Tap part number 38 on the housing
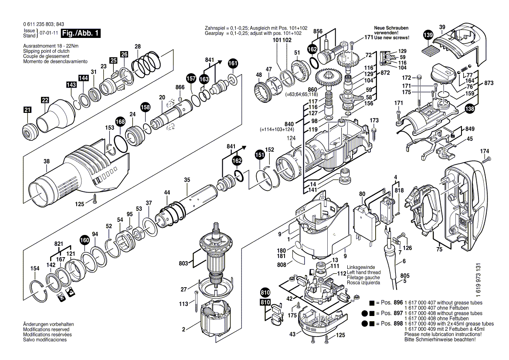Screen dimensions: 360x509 coord(47,161)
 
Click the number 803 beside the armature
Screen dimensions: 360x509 coord(183,263)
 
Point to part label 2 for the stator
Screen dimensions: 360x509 coord(183,329)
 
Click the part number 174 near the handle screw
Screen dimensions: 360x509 coord(485,151)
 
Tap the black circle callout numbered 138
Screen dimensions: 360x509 coord(469,110)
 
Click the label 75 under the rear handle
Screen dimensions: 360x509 coord(439,250)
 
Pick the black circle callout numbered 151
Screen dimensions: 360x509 coord(259,154)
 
